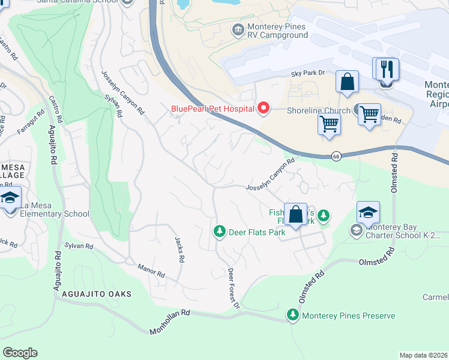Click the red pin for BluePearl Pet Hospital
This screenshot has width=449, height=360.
(x=263, y=109)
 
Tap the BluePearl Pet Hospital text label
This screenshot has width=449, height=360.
(x=209, y=109)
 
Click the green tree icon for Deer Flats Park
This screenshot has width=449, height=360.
(x=220, y=231)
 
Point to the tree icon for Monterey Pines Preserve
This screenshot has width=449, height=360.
(x=293, y=315)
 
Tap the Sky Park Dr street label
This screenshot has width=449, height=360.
(x=307, y=73)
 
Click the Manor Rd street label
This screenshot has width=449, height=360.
(x=151, y=271)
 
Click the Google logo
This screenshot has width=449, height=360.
(x=20, y=352)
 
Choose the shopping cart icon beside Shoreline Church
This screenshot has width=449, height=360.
(x=369, y=113)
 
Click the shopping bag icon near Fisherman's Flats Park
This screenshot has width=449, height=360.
(x=295, y=214)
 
